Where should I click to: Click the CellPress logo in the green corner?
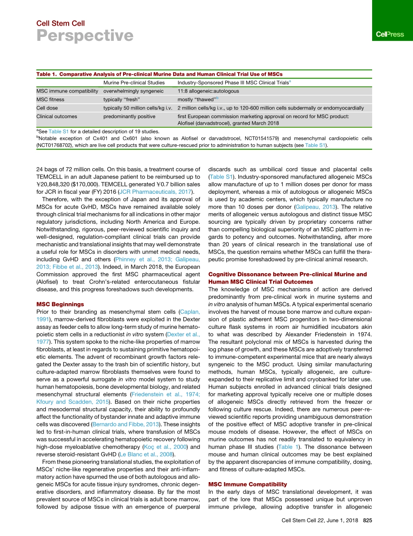390,34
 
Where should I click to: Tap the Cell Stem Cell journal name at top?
60,23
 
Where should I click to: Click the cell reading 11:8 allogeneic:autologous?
208,91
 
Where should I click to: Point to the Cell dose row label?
47,108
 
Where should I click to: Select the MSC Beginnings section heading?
60,304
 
